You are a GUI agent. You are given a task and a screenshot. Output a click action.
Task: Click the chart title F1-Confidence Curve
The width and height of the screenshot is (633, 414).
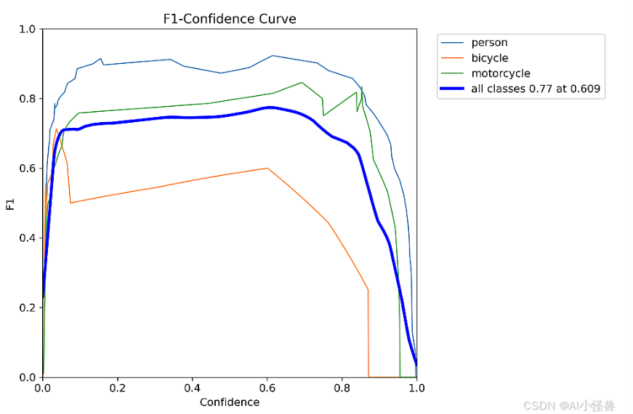[230, 19]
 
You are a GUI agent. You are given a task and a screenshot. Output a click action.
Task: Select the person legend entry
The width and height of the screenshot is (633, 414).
[489, 43]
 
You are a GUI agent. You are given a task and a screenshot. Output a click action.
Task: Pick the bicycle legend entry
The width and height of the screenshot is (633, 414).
[489, 58]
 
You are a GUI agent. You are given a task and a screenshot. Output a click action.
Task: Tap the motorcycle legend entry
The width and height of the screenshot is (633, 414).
[500, 73]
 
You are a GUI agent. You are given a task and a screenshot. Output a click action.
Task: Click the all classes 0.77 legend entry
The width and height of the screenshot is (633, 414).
[535, 89]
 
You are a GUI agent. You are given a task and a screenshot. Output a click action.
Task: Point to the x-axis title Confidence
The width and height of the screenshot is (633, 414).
[230, 402]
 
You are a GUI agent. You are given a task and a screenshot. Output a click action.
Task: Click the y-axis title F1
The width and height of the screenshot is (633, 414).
[10, 203]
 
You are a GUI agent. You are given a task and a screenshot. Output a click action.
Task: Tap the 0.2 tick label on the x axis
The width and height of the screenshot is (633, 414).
[118, 388]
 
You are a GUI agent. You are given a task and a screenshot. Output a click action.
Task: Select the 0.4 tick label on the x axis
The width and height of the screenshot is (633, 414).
[193, 388]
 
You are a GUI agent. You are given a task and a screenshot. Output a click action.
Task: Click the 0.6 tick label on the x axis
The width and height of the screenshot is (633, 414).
[267, 388]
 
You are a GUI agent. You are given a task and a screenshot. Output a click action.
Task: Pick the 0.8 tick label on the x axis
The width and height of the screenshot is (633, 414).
[342, 388]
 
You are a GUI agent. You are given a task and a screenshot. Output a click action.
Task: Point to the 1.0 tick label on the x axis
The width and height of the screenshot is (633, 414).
[416, 388]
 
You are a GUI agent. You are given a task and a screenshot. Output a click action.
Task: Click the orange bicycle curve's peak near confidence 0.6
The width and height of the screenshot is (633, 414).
[267, 168]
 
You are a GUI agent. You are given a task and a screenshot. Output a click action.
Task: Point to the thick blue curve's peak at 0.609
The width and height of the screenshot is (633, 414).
[270, 107]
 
